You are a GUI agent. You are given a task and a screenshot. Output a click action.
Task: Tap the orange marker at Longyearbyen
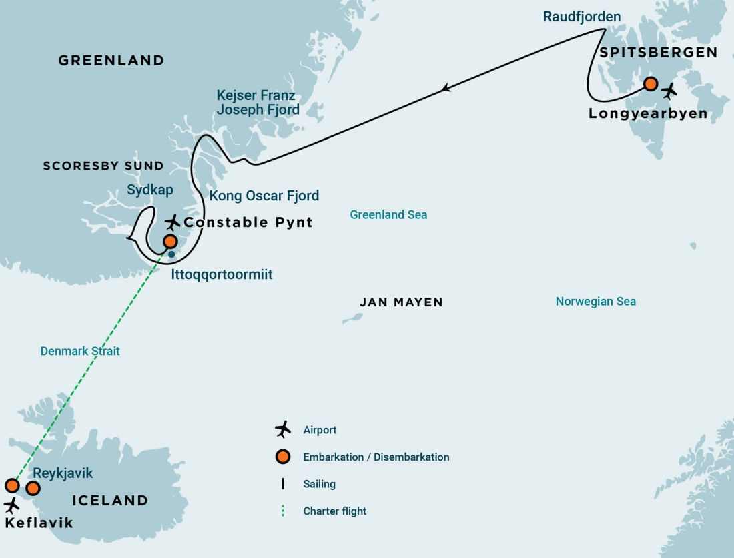pyautogui.click(x=651, y=84)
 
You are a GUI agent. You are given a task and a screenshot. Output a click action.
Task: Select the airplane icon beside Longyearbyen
pyautogui.click(x=669, y=91)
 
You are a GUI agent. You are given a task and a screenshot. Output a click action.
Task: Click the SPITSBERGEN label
pyautogui.click(x=658, y=53)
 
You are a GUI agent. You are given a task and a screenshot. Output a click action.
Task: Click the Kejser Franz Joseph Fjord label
pyautogui.click(x=258, y=102)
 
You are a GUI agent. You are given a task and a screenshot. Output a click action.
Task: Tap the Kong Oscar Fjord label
pyautogui.click(x=264, y=196)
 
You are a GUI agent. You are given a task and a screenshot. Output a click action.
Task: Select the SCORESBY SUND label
pyautogui.click(x=103, y=166)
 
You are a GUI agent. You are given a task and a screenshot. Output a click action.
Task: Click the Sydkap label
pyautogui.click(x=150, y=190)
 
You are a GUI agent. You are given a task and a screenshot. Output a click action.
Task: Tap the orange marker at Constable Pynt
pyautogui.click(x=171, y=241)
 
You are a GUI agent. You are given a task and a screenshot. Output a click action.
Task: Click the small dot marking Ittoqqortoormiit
pyautogui.click(x=171, y=254)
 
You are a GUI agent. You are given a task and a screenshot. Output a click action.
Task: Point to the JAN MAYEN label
pyautogui.click(x=401, y=302)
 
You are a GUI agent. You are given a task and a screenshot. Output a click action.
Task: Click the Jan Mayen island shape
pyautogui.click(x=352, y=318)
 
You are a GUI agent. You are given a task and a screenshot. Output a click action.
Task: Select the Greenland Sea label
pyautogui.click(x=388, y=215)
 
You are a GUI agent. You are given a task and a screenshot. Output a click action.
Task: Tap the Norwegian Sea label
pyautogui.click(x=595, y=302)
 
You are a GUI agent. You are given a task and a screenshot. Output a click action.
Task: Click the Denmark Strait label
pyautogui.click(x=80, y=350)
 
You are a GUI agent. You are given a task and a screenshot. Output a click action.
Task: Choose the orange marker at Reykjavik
pyautogui.click(x=33, y=488)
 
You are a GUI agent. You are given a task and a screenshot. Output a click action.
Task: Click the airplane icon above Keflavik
pyautogui.click(x=11, y=505)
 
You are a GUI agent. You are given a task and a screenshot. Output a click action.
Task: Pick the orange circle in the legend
pyautogui.click(x=283, y=457)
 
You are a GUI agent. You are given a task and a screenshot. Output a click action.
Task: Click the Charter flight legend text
pyautogui.click(x=334, y=511)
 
